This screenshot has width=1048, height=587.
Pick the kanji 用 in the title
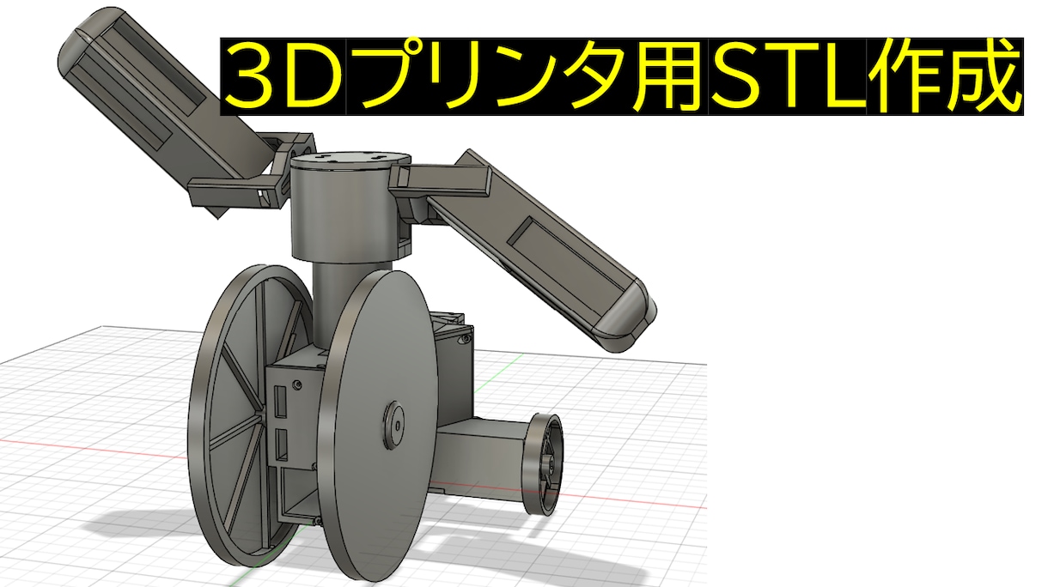coord(676,77)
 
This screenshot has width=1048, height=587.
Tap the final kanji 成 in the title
coord(984,77)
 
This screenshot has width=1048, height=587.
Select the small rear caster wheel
coord(544,463)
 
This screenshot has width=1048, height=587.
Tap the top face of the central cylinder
coord(347,160)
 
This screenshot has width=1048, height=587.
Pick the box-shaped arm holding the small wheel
coord(481,455)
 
